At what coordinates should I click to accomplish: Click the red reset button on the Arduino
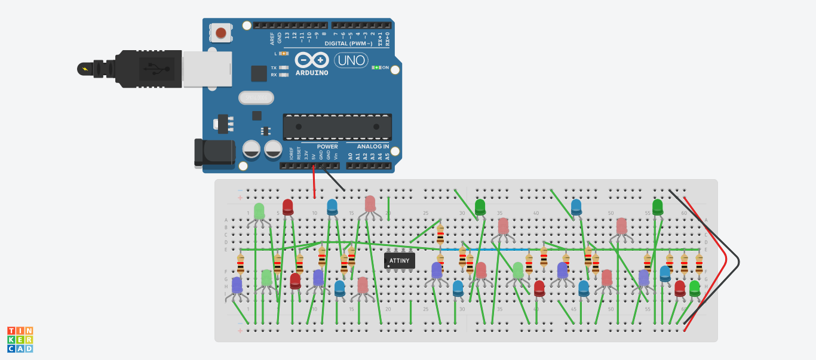click(221, 32)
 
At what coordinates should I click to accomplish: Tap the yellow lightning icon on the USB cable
click(85, 69)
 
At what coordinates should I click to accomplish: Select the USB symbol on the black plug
click(157, 69)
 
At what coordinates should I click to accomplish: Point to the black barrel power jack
click(214, 152)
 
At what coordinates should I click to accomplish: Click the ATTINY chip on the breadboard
click(400, 260)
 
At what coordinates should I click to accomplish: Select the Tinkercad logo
click(20, 339)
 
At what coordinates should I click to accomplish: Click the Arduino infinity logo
click(312, 60)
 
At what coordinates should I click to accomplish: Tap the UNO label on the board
click(351, 60)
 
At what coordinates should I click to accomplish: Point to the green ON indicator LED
click(377, 67)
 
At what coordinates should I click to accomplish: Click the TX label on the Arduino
click(274, 68)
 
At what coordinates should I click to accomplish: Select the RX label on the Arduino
click(274, 75)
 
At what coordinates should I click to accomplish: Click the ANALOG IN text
click(373, 146)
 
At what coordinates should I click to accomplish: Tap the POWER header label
click(327, 146)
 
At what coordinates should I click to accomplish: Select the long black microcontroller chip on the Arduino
click(338, 127)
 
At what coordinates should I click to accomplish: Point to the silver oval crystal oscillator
click(255, 97)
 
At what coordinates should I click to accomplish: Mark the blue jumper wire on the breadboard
click(484, 249)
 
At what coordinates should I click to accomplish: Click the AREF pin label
click(272, 39)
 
